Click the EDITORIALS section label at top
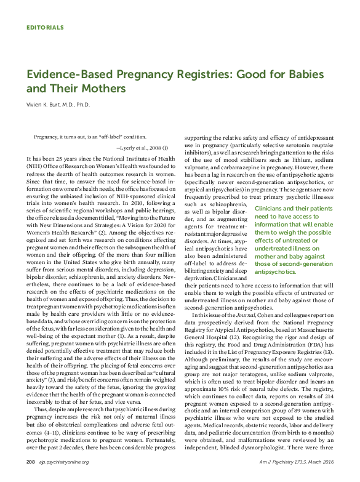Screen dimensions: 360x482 pos(46,28)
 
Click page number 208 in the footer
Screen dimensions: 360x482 pos(30,462)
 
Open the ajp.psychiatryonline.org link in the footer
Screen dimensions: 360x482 pos(63,462)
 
